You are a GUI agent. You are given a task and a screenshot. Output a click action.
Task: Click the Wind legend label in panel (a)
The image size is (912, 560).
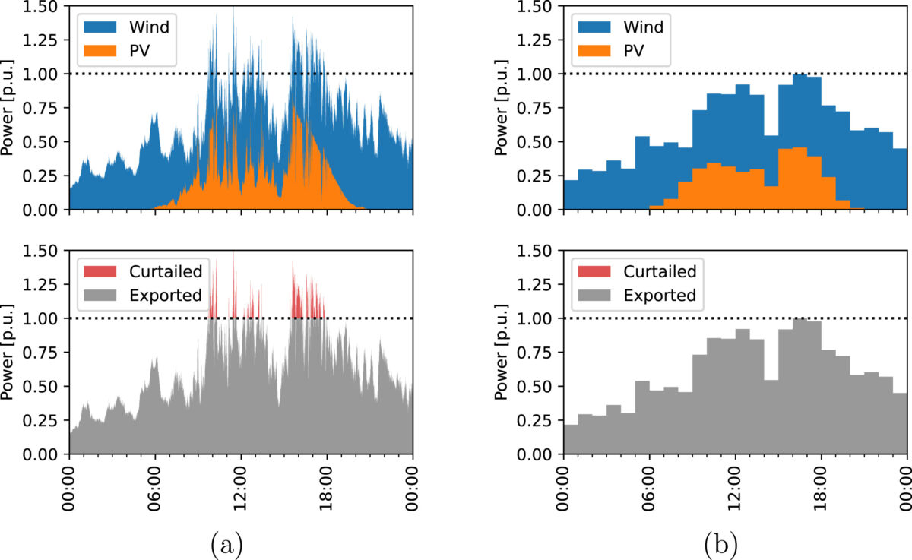(x=148, y=27)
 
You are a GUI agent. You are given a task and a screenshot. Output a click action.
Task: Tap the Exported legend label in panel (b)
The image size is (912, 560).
(x=660, y=296)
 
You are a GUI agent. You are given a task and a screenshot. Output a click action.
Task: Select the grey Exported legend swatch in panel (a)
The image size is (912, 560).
(x=101, y=296)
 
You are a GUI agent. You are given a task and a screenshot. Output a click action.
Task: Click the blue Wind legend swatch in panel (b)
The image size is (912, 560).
(x=595, y=27)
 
